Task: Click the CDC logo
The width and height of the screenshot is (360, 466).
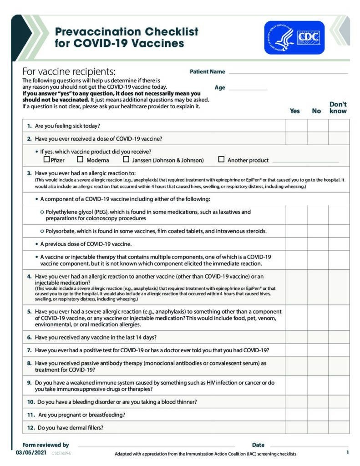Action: click(294, 37)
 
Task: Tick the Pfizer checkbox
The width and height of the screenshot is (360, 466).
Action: click(46, 160)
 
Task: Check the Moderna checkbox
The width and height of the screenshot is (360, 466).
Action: click(80, 160)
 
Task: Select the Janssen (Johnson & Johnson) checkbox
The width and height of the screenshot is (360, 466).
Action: click(126, 160)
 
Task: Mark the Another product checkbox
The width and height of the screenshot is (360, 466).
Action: click(222, 160)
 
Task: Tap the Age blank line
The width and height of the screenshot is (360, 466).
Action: click(248, 88)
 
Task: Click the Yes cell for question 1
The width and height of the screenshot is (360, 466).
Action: click(296, 126)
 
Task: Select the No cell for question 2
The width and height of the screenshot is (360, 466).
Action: click(318, 138)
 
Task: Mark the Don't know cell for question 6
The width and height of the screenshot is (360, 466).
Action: click(339, 337)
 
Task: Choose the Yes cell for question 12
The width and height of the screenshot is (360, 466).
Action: click(296, 427)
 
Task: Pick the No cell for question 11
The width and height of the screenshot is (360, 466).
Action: click(318, 415)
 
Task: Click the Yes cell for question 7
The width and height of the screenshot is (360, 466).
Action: click(296, 350)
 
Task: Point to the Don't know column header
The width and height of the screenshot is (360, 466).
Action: click(338, 107)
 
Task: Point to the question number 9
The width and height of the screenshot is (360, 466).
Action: click(29, 383)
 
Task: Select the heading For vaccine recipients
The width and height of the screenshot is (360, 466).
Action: click(69, 72)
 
